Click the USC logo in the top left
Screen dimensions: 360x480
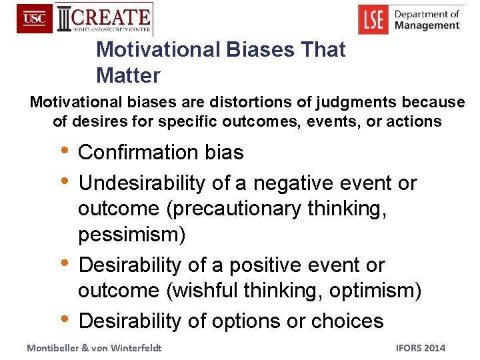(34, 19)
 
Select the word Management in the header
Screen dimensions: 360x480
(427, 25)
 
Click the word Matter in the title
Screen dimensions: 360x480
(128, 75)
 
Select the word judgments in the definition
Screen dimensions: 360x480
(361, 103)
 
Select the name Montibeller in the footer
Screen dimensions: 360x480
(55, 348)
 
